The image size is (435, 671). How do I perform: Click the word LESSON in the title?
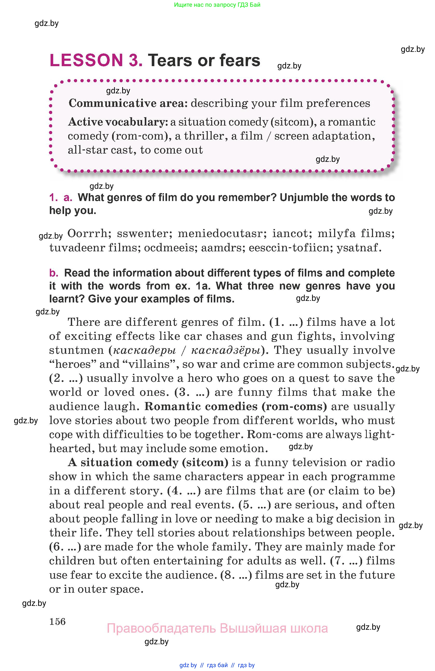click(x=86, y=60)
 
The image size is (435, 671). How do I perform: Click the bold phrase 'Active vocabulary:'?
click(x=118, y=122)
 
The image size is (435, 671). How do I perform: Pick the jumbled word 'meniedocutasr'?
click(x=222, y=233)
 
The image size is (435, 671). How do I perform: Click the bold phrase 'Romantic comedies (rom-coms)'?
click(x=236, y=406)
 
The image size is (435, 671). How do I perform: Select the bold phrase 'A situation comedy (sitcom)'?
click(x=148, y=462)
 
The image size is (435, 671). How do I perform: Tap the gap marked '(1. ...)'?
click(x=286, y=322)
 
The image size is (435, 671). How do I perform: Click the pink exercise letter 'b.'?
click(x=54, y=273)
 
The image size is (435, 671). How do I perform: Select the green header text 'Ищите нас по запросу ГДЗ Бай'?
click(x=217, y=5)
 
